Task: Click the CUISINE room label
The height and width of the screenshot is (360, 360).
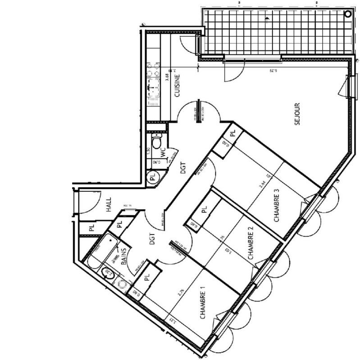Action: click(x=178, y=86)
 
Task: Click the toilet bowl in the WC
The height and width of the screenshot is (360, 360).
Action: click(x=156, y=142)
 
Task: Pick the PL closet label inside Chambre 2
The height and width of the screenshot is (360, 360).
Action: click(x=204, y=209)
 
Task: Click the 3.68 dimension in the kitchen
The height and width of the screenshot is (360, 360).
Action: click(x=168, y=77)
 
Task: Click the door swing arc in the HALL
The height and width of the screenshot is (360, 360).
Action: click(x=92, y=202)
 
